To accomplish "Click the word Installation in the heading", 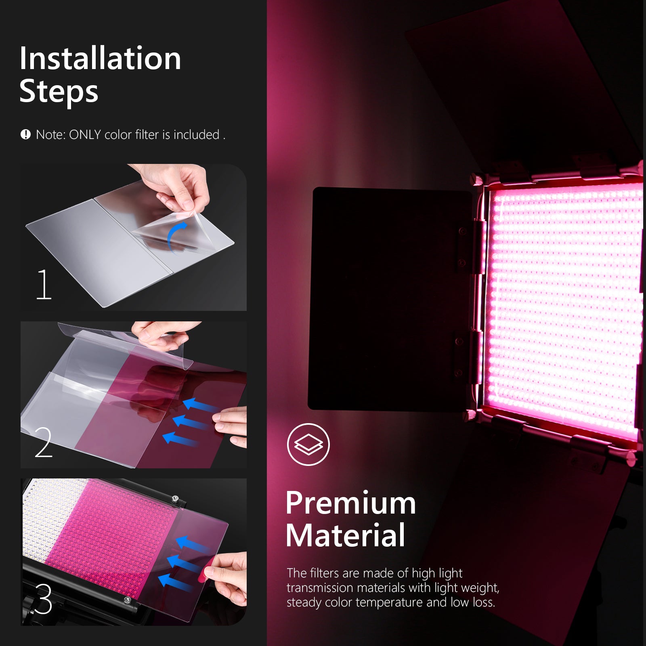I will point(100,59).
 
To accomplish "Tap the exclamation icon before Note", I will point(25,134).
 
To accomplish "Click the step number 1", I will point(44,285).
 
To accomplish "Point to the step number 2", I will point(44,443).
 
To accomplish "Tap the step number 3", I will point(44,599).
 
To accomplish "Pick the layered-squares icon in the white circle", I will point(308,444).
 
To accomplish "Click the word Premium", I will point(350,503).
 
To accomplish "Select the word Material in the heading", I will point(345,535).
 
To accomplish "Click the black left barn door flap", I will point(390,299).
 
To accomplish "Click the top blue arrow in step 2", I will point(196,404).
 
